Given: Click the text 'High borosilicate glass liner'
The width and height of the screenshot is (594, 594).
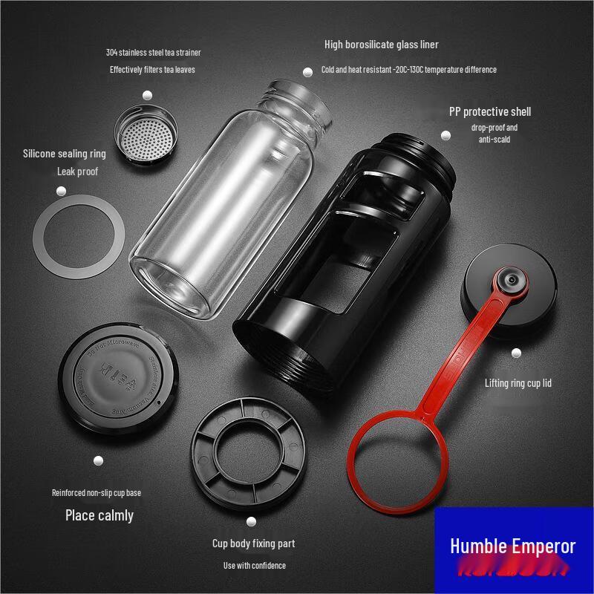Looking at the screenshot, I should (381, 45).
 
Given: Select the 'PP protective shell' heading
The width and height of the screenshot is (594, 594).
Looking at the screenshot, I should (490, 112).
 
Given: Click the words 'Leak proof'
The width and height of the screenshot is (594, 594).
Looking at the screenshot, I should (78, 172).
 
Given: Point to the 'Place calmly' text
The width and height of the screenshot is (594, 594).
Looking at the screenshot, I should (99, 515).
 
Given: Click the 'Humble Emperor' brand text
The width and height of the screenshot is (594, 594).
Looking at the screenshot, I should (512, 546).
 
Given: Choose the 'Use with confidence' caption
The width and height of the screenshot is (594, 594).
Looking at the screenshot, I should (255, 566).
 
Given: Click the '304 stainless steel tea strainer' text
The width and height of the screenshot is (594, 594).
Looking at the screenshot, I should (153, 53).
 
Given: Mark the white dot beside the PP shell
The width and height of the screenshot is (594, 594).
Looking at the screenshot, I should (446, 136).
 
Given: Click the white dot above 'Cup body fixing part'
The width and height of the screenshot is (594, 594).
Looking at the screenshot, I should (252, 522).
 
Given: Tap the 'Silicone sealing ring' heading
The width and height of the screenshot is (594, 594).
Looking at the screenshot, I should (65, 154).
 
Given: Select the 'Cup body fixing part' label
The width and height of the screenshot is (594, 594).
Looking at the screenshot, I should (253, 544).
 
